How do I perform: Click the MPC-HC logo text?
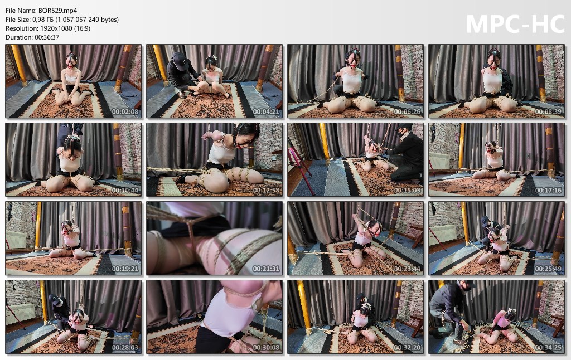point(515,24)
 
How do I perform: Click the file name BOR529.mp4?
point(57,11)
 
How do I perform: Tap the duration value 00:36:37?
point(47,37)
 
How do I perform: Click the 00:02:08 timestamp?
point(125,112)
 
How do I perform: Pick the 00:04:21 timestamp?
point(266,112)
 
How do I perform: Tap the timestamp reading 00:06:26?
point(407,112)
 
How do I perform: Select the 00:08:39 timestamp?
point(548,112)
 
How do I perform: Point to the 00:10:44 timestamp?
point(125,191)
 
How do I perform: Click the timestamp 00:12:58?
point(266,191)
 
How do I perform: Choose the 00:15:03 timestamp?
point(407,191)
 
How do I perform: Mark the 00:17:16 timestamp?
point(548,191)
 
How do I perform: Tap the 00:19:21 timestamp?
point(125,269)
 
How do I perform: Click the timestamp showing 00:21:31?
point(266,269)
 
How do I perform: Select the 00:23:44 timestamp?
point(407,269)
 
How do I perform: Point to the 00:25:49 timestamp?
point(548,269)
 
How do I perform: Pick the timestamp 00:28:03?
point(125,348)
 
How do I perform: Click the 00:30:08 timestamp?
point(266,348)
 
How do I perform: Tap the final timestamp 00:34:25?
point(548,348)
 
